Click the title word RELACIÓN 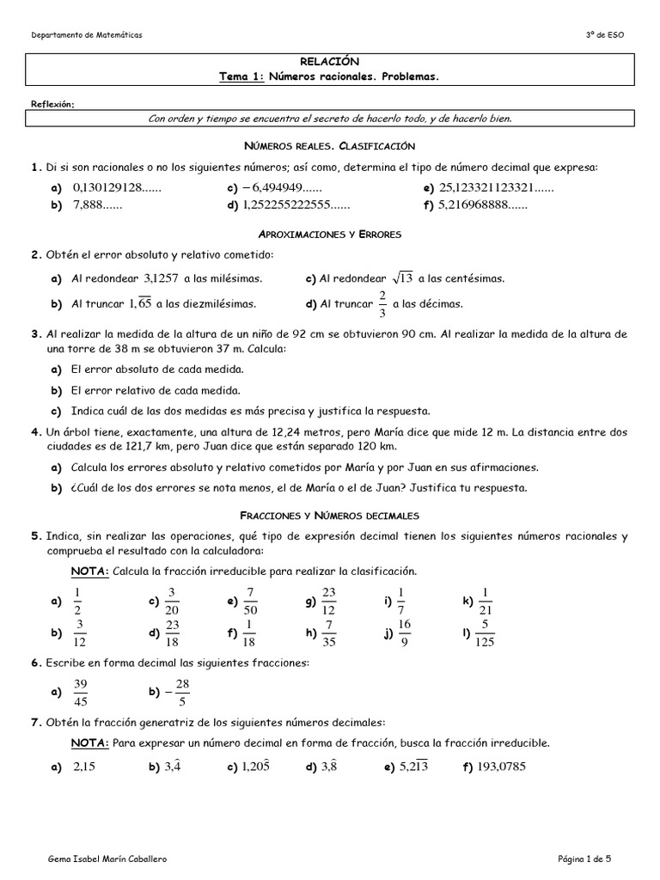(330, 62)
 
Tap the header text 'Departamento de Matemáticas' (87, 34)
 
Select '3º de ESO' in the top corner (607, 34)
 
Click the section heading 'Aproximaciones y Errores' (330, 233)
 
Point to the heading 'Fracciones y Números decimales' (330, 516)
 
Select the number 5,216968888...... (483, 205)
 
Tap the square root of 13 (403, 278)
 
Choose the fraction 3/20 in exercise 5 (172, 601)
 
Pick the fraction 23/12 (329, 601)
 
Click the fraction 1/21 (486, 601)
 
